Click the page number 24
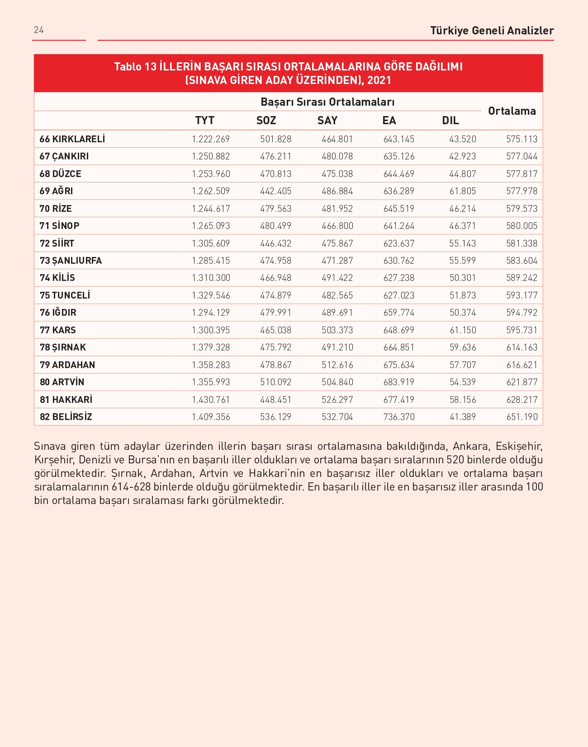pos(38,30)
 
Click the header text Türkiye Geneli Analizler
pos(492,31)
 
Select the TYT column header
pos(204,121)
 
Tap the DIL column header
pos(450,121)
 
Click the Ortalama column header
pos(512,111)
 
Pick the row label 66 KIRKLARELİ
pos(72,139)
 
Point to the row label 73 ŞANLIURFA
pos(71,261)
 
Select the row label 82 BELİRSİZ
pos(66,417)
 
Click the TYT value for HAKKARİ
pos(211,400)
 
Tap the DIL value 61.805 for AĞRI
pos(462,191)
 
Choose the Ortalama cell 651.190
pos(522,417)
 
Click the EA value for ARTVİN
pos(398,382)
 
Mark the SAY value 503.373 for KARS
pos(337,330)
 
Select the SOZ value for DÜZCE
pos(275,174)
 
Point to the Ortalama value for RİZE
pos(522,209)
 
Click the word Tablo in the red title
pos(128,67)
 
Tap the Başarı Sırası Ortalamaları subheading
pos(327,102)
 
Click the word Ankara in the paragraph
pos(470,446)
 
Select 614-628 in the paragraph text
pos(131,487)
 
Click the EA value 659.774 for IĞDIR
pos(398,313)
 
